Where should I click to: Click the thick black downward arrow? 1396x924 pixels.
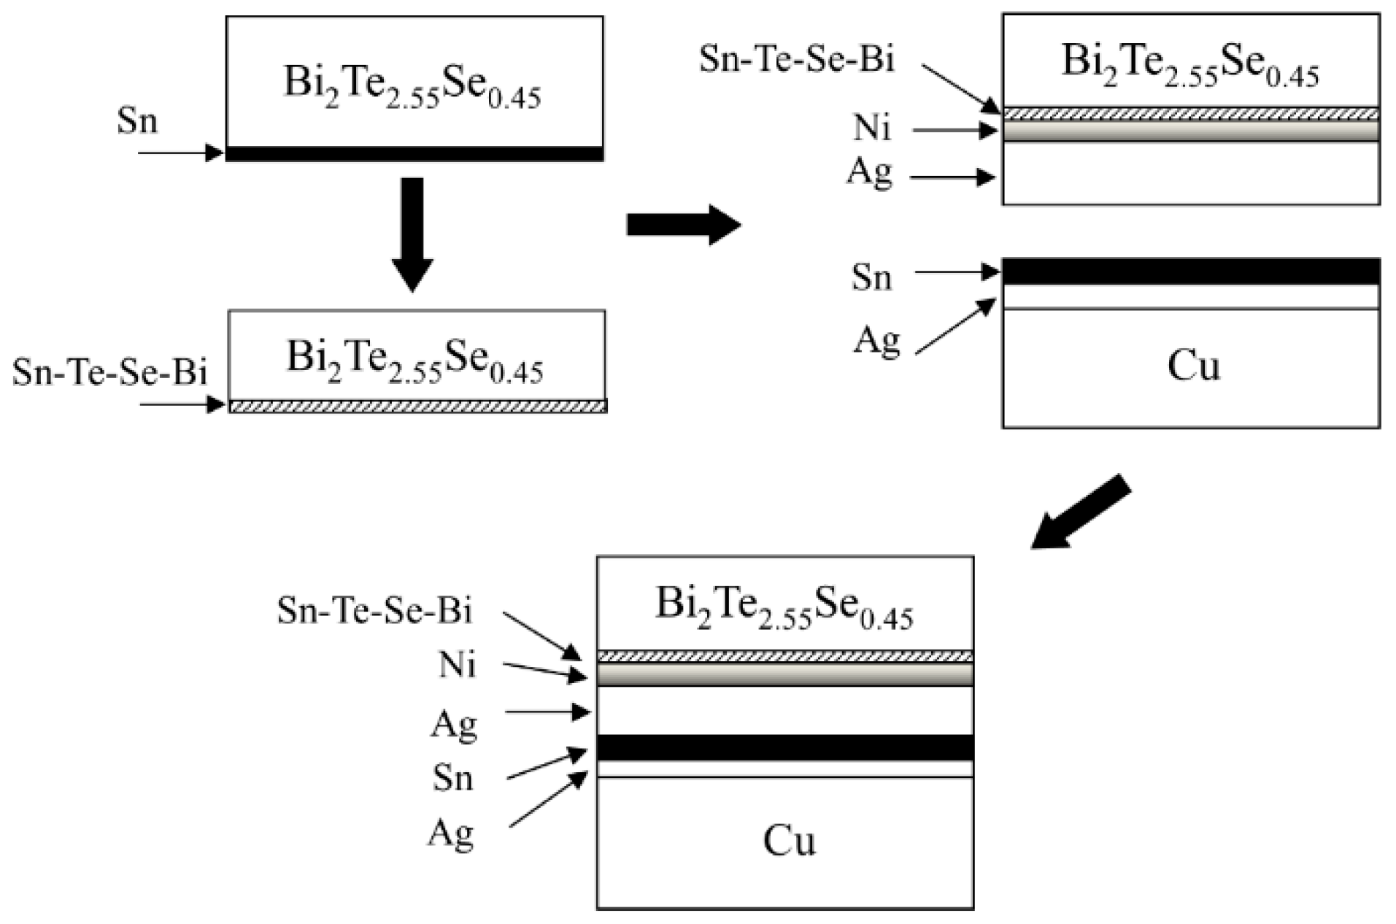[412, 234]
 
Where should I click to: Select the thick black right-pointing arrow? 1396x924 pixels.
[683, 225]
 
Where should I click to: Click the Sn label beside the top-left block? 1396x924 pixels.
[137, 121]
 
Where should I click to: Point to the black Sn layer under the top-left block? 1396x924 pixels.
[414, 154]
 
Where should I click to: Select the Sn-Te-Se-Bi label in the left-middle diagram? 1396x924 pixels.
[109, 372]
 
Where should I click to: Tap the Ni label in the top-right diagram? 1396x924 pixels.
[872, 128]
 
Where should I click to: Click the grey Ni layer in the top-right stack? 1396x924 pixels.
[1190, 131]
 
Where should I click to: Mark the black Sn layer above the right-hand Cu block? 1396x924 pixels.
[1190, 272]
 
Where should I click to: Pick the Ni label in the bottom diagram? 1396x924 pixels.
[458, 665]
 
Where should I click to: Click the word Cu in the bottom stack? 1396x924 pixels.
[789, 841]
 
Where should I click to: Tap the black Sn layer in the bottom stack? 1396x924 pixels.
[785, 748]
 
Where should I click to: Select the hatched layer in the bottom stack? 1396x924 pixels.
[785, 656]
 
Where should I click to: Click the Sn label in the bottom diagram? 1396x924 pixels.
[452, 778]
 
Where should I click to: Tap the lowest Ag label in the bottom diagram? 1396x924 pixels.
[451, 833]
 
